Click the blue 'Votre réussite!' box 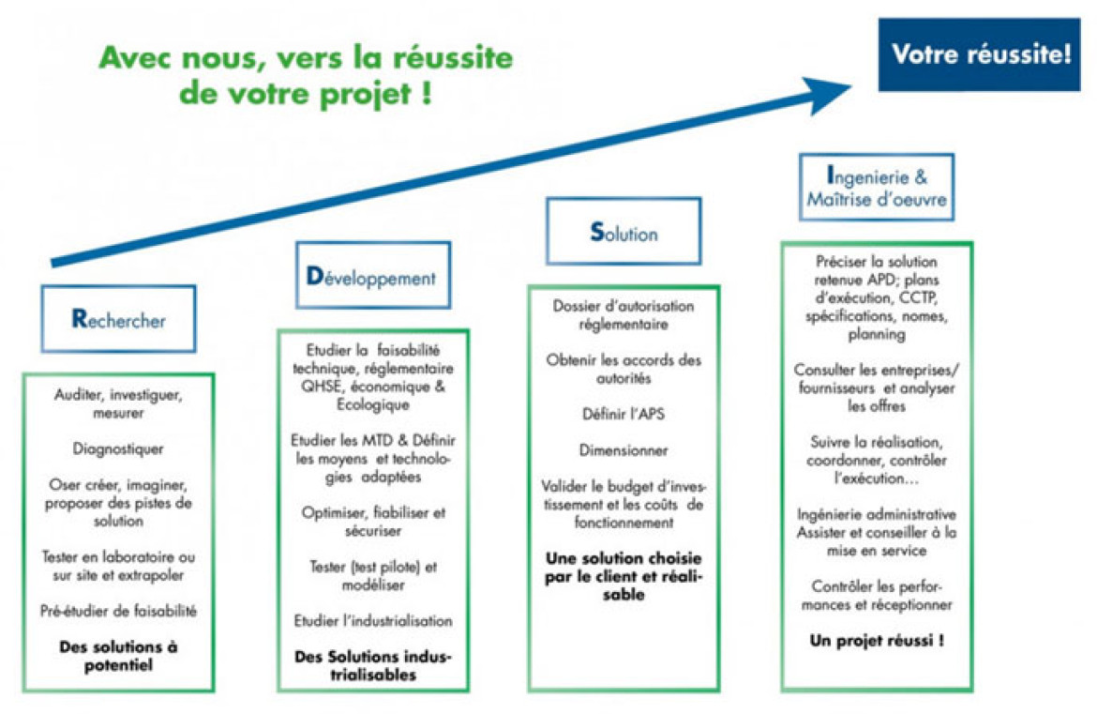[979, 54]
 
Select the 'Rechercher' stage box [118, 318]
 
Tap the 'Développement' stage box [373, 275]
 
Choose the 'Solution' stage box [624, 231]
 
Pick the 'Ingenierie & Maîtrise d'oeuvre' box [877, 187]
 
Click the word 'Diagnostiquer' [118, 448]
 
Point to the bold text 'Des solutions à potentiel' [118, 656]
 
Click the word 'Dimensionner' [624, 450]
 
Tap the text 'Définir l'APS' [624, 414]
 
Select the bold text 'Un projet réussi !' [877, 641]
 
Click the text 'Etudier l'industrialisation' [373, 621]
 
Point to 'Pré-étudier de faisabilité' [118, 611]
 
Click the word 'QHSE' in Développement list [323, 387]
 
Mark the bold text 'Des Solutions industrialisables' [373, 666]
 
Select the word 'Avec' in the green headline [136, 57]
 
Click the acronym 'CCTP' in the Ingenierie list [918, 297]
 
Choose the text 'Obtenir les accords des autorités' [624, 369]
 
